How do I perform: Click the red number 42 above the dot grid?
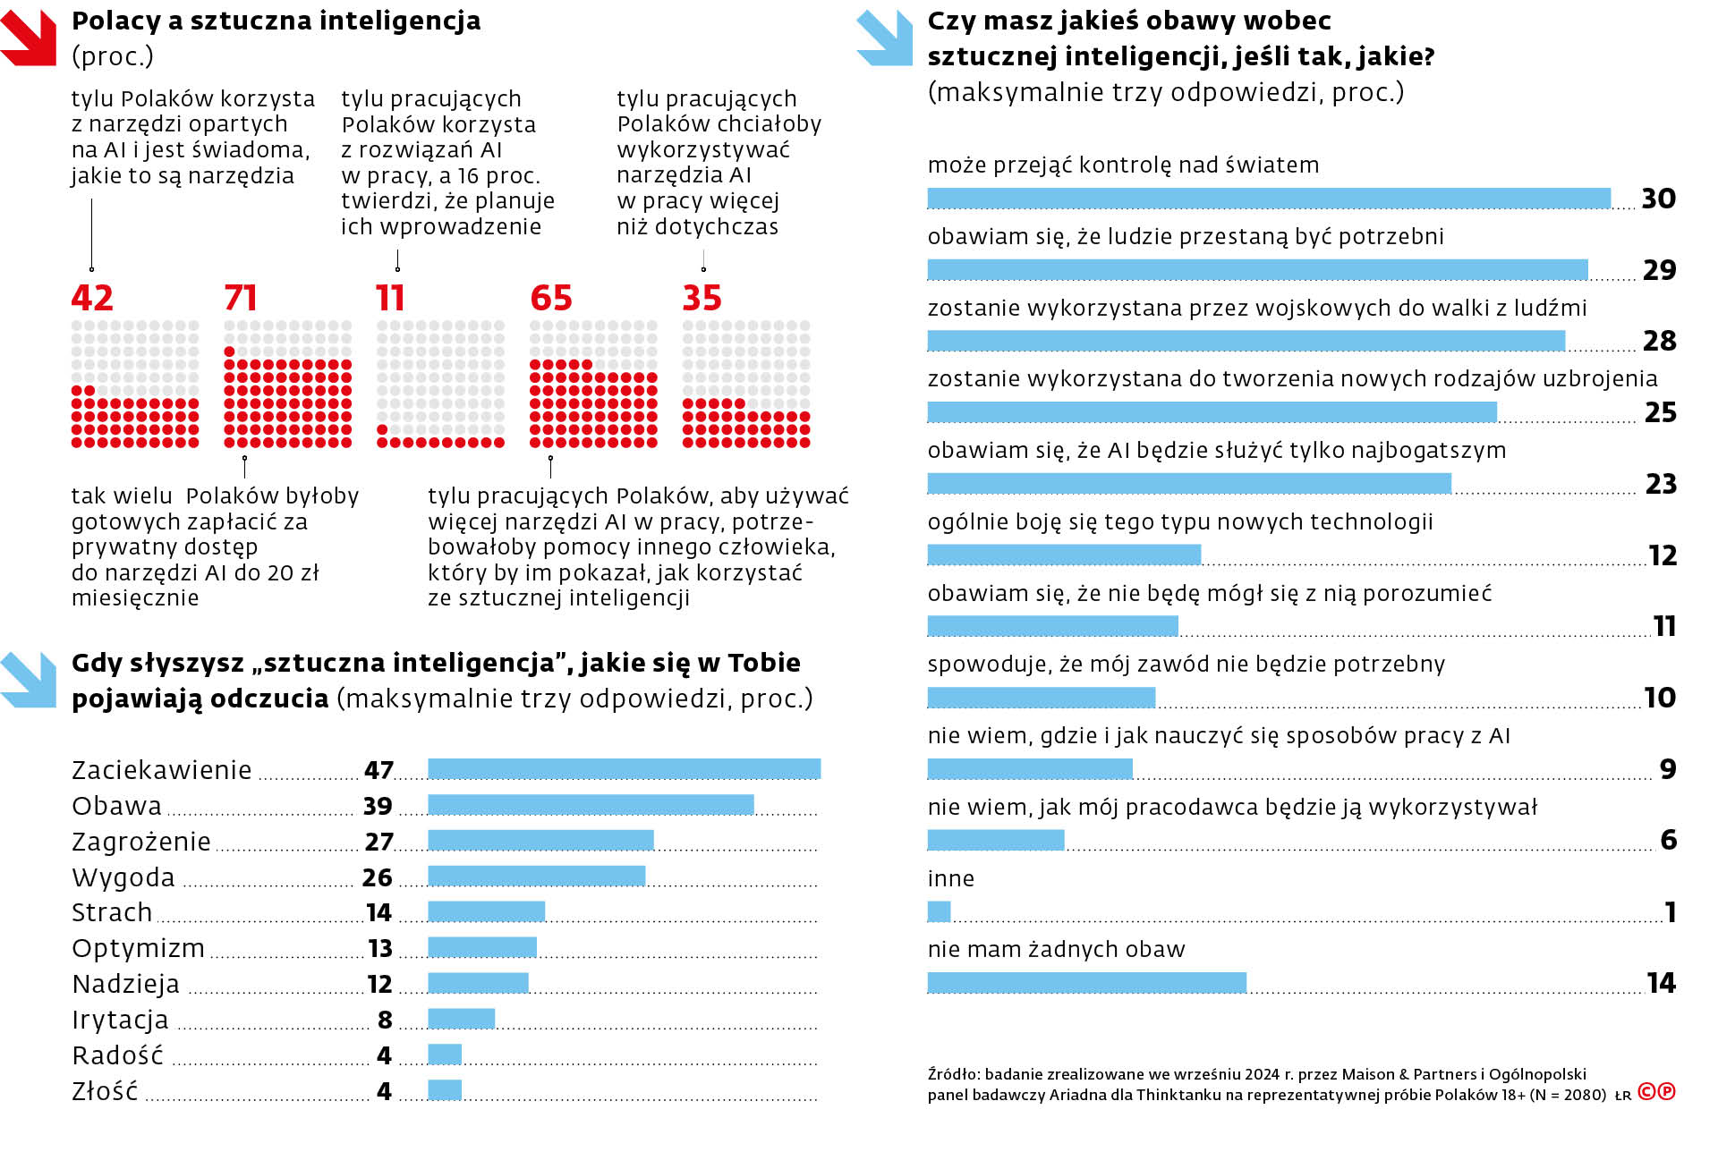[92, 298]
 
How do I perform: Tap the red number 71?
[241, 298]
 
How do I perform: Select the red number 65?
[550, 298]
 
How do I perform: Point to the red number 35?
[702, 298]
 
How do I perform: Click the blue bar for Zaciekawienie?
[624, 769]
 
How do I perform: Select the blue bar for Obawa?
[591, 805]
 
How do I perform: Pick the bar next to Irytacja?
[461, 1019]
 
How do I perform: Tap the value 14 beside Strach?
[378, 912]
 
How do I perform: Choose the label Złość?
[105, 1091]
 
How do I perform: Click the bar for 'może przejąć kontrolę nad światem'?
[1268, 198]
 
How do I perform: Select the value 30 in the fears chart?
[1658, 199]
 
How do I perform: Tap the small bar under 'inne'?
[939, 911]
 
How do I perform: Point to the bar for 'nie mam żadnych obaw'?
[1086, 983]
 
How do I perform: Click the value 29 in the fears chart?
[1659, 270]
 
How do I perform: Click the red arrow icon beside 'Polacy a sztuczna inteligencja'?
[29, 38]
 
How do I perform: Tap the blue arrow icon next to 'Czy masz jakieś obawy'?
[884, 38]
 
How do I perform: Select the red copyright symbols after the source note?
[1656, 1092]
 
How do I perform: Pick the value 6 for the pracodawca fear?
[1668, 840]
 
